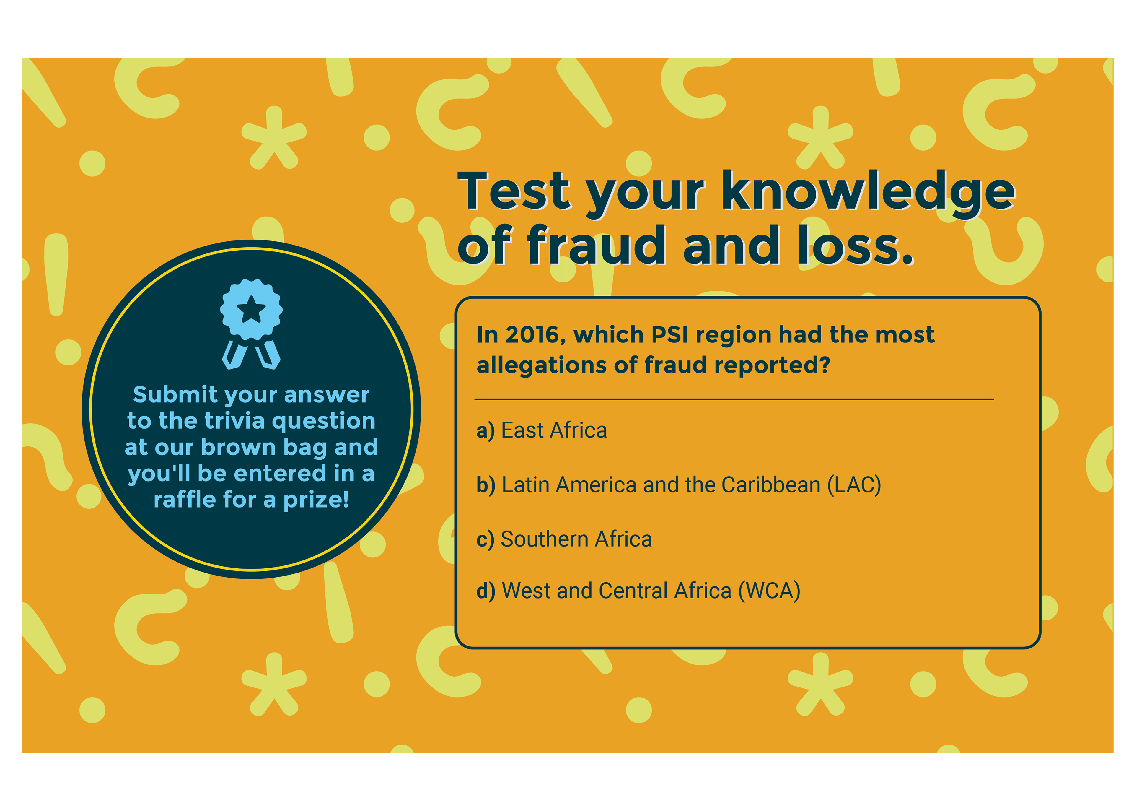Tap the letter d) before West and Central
tap(486, 591)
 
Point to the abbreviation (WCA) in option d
tap(769, 591)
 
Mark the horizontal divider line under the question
tap(734, 399)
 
